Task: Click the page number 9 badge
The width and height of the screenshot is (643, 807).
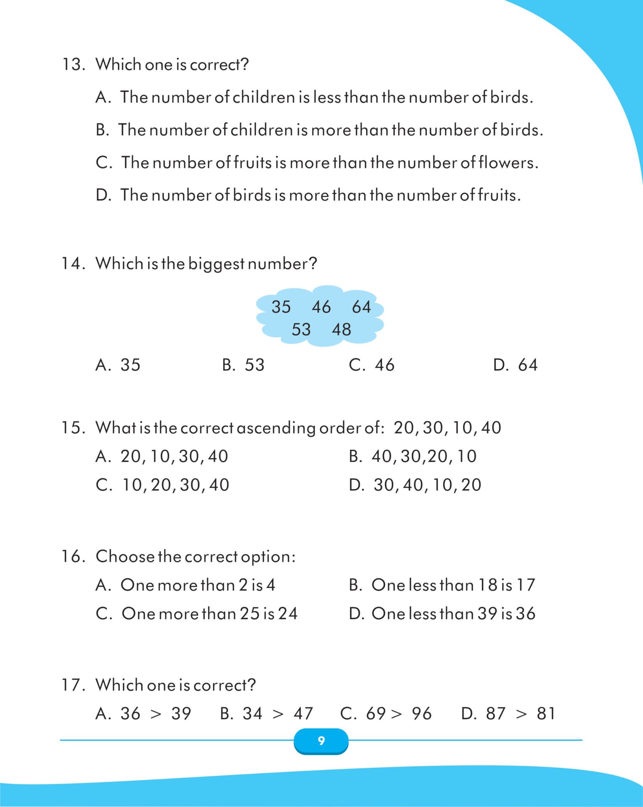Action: [x=321, y=741]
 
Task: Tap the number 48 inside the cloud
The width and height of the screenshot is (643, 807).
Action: [x=341, y=330]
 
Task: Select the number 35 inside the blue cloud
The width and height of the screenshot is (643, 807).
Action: [x=281, y=307]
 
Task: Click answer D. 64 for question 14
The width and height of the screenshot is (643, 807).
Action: [x=515, y=365]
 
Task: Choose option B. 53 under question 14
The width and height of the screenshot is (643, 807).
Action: [x=243, y=365]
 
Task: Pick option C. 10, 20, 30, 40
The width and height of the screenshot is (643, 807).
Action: [x=163, y=485]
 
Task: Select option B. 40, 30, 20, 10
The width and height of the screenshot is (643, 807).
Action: [x=413, y=456]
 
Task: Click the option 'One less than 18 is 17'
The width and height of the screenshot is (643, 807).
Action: [x=442, y=585]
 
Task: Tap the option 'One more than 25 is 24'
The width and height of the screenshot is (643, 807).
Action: [x=197, y=614]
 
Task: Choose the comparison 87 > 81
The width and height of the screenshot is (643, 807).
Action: [x=508, y=714]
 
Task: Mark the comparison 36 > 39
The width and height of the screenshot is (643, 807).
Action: [x=143, y=714]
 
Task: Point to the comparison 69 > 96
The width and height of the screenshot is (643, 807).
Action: [x=386, y=714]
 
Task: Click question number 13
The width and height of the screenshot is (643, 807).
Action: [x=73, y=65]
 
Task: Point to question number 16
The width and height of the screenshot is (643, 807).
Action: [x=73, y=556]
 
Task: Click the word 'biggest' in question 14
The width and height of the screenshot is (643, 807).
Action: [x=216, y=264]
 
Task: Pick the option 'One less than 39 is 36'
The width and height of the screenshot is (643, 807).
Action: [x=442, y=614]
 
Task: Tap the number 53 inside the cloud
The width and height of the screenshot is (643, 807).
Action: [x=301, y=330]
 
